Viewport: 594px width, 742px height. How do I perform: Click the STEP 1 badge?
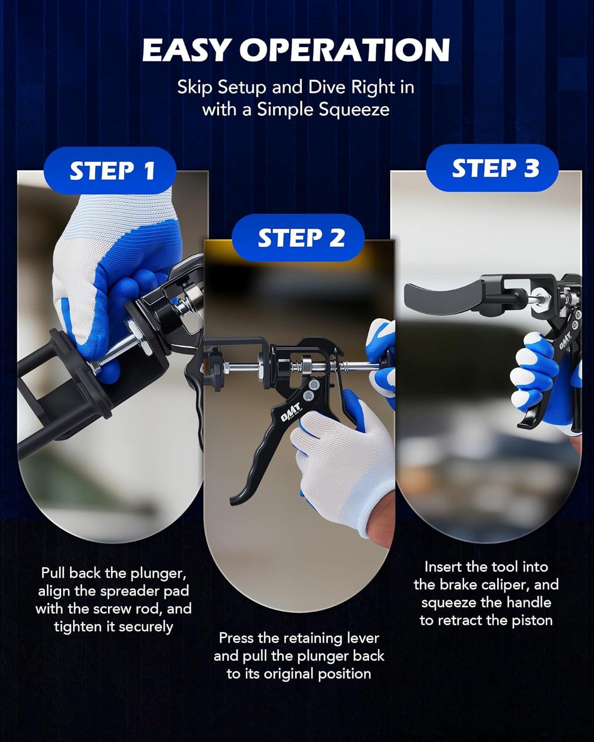tap(110, 170)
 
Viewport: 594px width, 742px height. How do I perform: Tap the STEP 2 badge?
tap(298, 237)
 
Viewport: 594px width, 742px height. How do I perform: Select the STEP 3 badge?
tap(492, 168)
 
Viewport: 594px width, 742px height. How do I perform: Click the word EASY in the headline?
tap(186, 50)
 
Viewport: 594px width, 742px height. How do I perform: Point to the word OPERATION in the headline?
tap(345, 50)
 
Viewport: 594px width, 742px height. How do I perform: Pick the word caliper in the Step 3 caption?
tap(508, 585)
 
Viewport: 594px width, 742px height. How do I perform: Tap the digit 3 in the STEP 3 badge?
tap(530, 168)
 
